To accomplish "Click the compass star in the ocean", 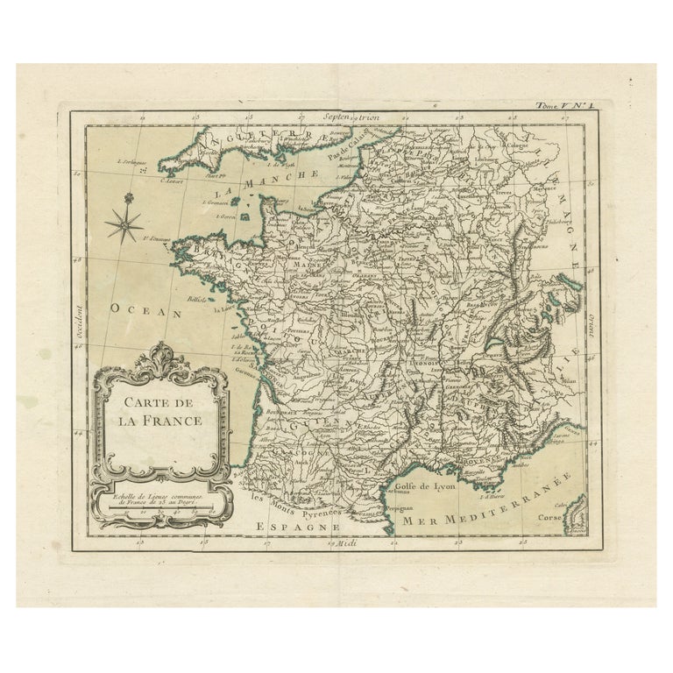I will point(124,223).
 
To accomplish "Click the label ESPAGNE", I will point(297,526).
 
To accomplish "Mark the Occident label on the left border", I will point(77,321).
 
